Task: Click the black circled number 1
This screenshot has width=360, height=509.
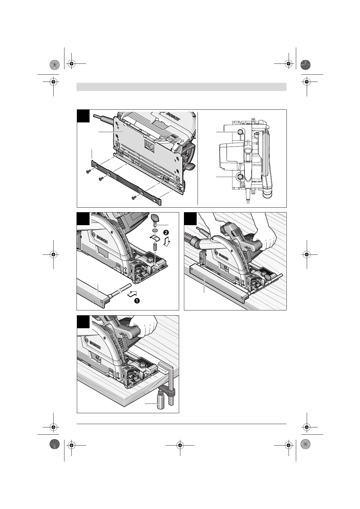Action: [x=137, y=300]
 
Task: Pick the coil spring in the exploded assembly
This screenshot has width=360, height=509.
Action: [x=155, y=247]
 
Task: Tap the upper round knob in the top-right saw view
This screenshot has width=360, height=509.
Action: [x=240, y=132]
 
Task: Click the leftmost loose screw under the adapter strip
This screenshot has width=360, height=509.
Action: [x=88, y=172]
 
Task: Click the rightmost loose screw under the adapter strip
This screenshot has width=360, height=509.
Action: [x=134, y=198]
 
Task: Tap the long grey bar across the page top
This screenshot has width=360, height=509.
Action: [x=182, y=87]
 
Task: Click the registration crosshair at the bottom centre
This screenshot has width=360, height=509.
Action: [x=180, y=445]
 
